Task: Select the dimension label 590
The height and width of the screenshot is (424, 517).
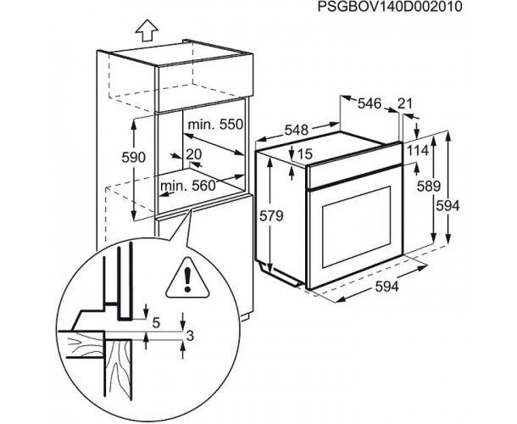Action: pyautogui.click(x=134, y=158)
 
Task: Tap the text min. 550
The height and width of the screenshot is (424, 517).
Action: pyautogui.click(x=216, y=125)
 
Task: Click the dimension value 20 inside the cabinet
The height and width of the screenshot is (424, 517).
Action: pyautogui.click(x=193, y=153)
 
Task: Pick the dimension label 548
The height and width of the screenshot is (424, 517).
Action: pyautogui.click(x=295, y=131)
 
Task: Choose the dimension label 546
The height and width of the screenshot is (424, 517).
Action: pyautogui.click(x=369, y=103)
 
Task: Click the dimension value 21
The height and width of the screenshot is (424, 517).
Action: pyautogui.click(x=405, y=103)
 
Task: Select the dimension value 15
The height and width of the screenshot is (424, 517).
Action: pyautogui.click(x=305, y=153)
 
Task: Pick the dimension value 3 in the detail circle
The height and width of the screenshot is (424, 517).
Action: pyautogui.click(x=190, y=336)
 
